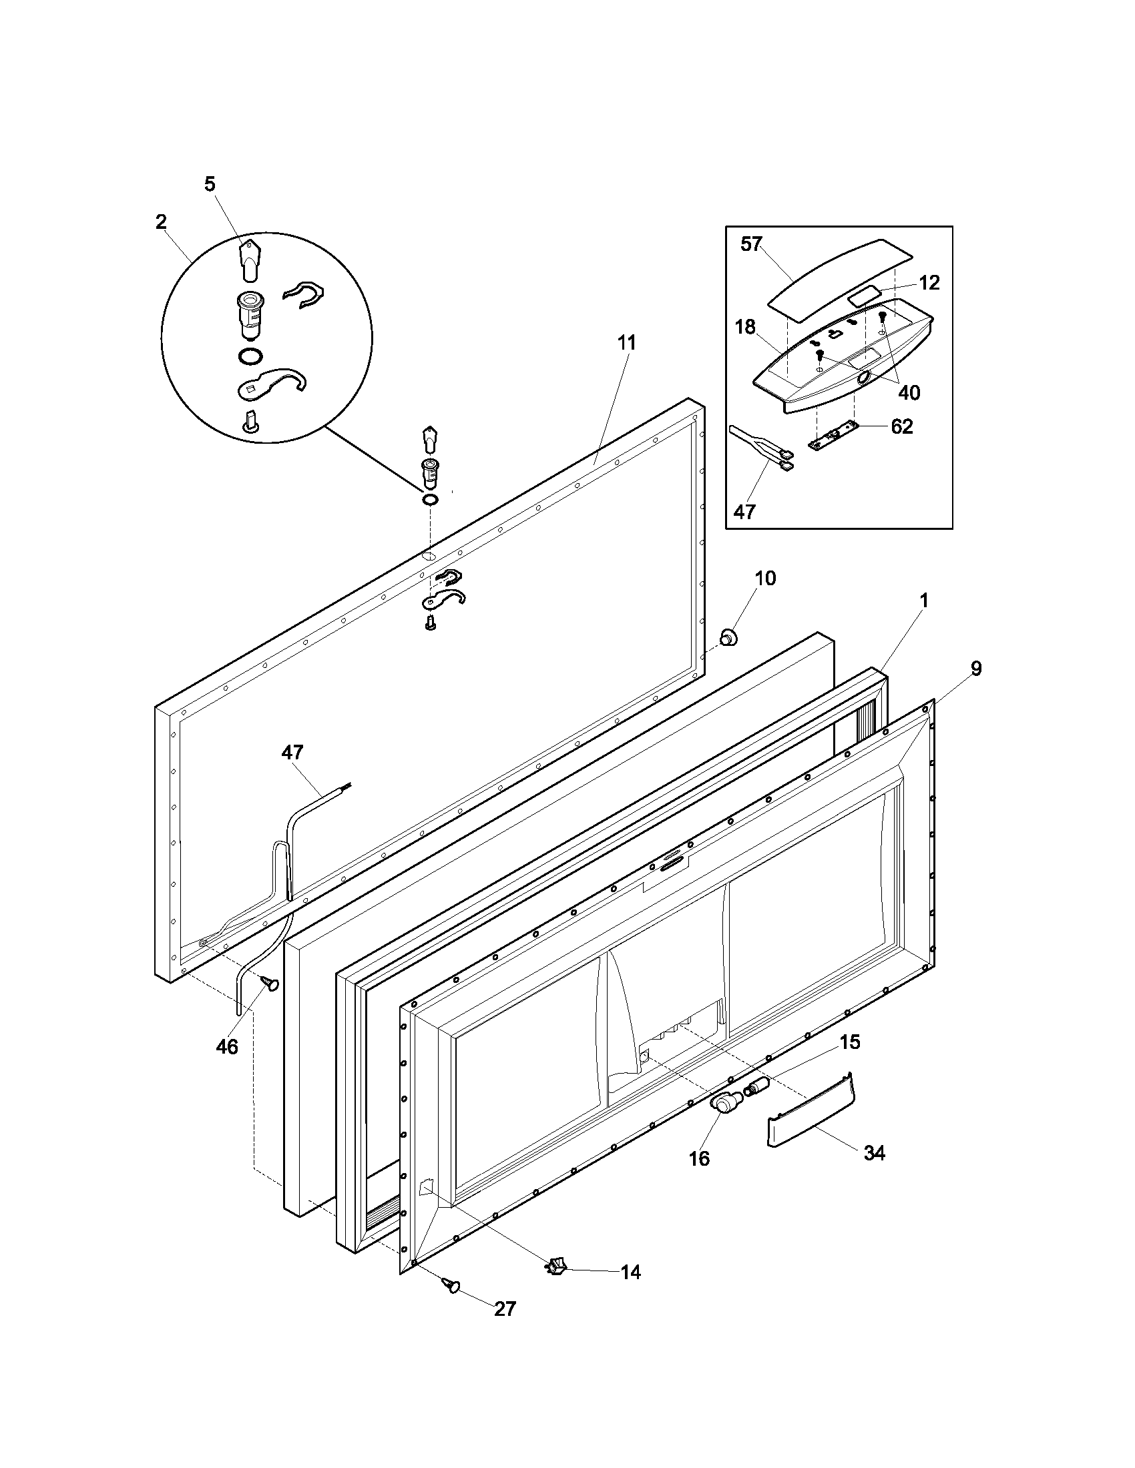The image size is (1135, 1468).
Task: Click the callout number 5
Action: (210, 184)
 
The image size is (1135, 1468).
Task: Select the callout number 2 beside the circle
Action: (161, 222)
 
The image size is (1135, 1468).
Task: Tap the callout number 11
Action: (626, 342)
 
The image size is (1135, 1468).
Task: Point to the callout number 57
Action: (751, 245)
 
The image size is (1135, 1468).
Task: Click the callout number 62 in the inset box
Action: (902, 426)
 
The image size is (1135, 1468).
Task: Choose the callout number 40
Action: (909, 392)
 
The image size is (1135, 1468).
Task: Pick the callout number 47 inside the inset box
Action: (744, 512)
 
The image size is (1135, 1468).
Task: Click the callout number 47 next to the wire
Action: (292, 752)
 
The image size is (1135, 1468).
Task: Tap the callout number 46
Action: (226, 1046)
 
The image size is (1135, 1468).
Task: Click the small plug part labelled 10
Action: (728, 637)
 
